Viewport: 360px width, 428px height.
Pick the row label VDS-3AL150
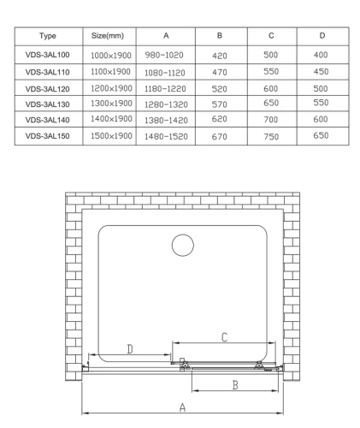pyautogui.click(x=48, y=135)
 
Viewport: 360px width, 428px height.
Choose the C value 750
pyautogui.click(x=271, y=135)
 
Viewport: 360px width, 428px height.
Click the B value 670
pyautogui.click(x=220, y=135)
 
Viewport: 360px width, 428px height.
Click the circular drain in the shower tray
pyautogui.click(x=183, y=246)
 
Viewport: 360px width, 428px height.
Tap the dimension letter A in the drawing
pyautogui.click(x=182, y=408)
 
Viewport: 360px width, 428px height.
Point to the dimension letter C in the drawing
pyautogui.click(x=224, y=338)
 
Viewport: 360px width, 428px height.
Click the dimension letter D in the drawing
pyautogui.click(x=129, y=348)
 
